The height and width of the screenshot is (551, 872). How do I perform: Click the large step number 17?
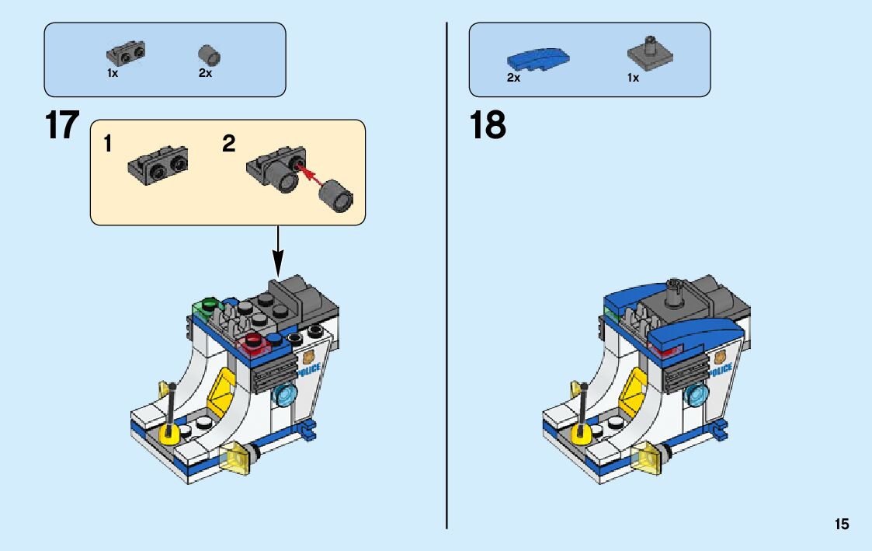click(62, 126)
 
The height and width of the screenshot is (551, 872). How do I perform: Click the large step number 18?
click(488, 126)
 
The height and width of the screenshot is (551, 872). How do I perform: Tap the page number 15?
click(842, 525)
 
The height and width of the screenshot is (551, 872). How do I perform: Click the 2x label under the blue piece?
click(513, 78)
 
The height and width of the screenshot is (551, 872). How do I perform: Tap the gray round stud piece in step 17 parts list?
click(209, 54)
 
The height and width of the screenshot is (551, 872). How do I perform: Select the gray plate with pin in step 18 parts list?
click(649, 52)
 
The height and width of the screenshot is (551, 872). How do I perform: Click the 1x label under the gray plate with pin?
click(633, 78)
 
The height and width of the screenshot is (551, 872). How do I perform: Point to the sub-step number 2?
click(228, 144)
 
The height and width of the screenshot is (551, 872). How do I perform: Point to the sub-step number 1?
click(109, 144)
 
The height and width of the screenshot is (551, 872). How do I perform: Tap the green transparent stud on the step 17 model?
click(207, 303)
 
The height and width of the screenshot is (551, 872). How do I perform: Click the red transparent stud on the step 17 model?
click(254, 341)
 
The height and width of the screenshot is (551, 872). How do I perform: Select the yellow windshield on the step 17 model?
click(222, 388)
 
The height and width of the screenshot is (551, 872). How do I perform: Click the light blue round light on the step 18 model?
click(697, 395)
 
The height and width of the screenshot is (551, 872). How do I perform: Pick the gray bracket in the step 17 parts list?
click(126, 53)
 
